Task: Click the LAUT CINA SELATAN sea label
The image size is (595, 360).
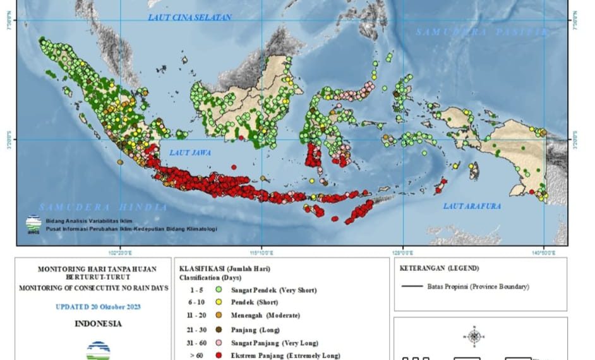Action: pos(189,18)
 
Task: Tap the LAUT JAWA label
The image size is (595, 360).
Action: pos(190,152)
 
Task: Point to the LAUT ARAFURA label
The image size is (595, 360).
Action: pos(471,206)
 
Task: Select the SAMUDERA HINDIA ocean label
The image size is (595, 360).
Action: pos(103,207)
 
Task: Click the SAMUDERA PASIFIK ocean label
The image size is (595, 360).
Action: pos(483,32)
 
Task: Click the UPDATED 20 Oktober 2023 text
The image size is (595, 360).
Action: pos(98,307)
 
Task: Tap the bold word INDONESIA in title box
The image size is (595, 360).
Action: pos(98,324)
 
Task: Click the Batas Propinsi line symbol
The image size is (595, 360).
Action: pos(412,287)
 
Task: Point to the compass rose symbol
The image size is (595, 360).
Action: pos(473,336)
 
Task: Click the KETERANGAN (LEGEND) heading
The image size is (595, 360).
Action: pos(439,268)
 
